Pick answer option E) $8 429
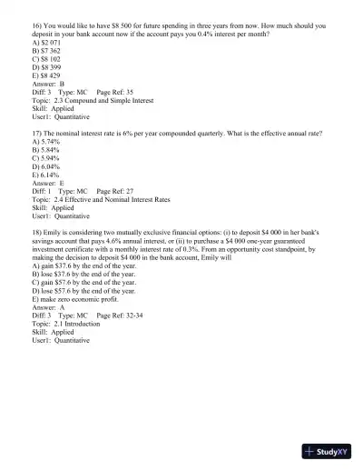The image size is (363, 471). click(49, 75)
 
